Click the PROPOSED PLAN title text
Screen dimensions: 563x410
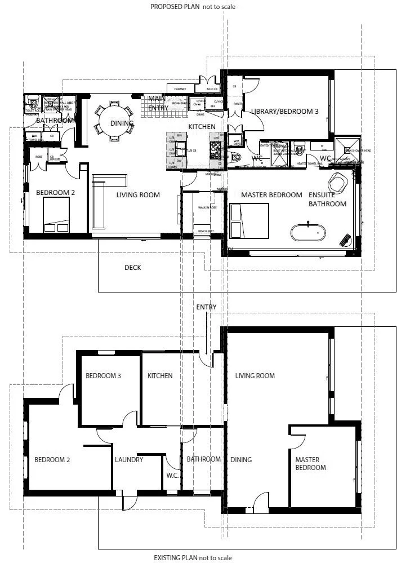(x=192, y=7)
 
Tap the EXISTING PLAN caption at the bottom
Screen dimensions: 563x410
(x=192, y=558)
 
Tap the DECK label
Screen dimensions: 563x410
(x=132, y=268)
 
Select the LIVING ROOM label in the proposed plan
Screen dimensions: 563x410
(x=138, y=195)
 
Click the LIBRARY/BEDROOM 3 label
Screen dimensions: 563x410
(x=284, y=112)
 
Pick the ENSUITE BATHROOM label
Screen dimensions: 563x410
(x=327, y=199)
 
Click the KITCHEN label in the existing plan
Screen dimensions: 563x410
(x=160, y=376)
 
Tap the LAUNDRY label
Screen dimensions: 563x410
(x=129, y=460)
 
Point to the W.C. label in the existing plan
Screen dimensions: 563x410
(x=172, y=475)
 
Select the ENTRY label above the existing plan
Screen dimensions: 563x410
(x=206, y=307)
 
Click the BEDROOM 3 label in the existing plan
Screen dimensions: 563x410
(x=103, y=376)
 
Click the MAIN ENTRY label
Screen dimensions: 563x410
(x=158, y=103)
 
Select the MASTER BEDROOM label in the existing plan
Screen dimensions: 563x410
(x=310, y=464)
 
